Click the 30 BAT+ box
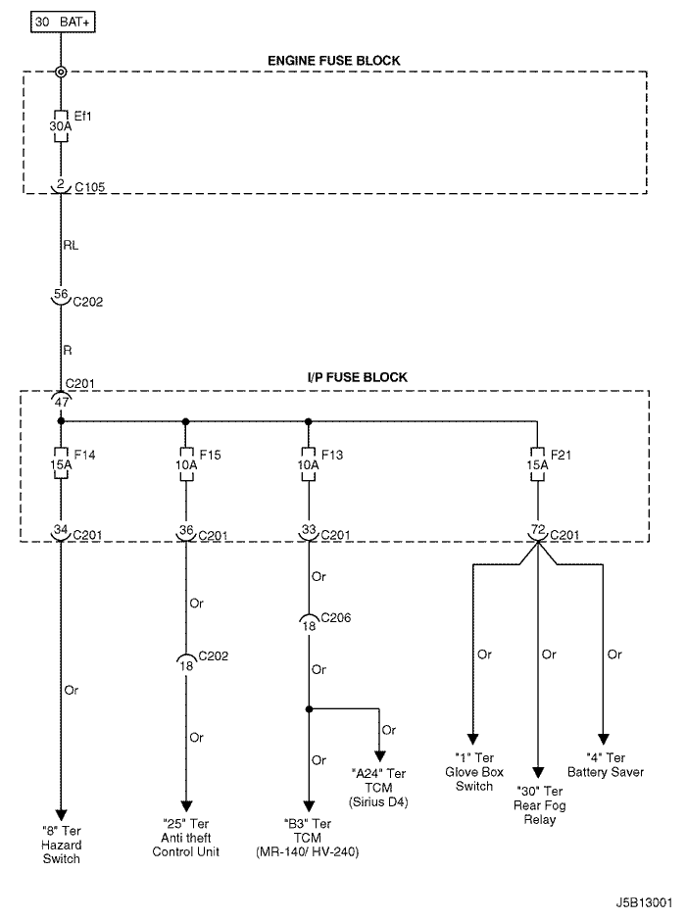coord(65,21)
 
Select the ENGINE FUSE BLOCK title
coord(333,61)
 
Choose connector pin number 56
coord(61,293)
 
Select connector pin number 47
coord(61,400)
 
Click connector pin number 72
coord(537,530)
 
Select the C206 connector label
coord(336,619)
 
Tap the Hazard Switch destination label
coord(61,846)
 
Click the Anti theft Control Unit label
coord(185,838)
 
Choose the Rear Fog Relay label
coord(538,805)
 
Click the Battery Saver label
coord(604,764)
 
